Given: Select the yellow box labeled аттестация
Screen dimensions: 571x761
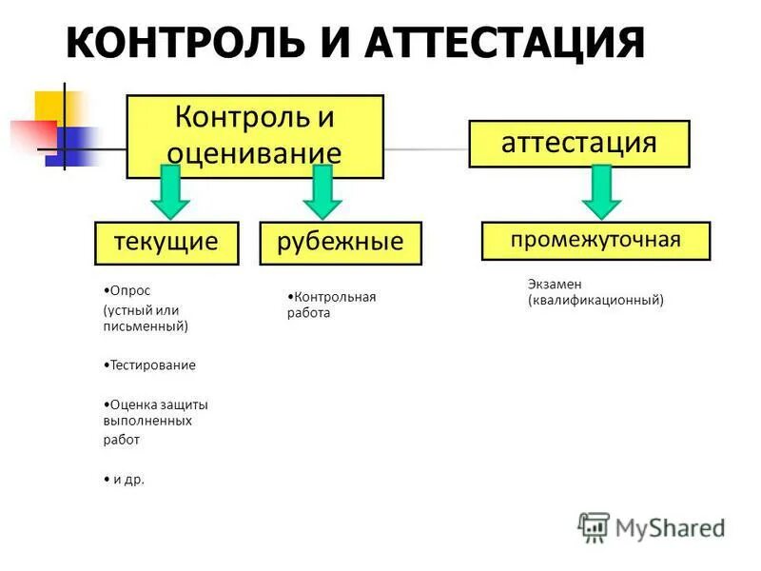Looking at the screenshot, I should pos(578,144).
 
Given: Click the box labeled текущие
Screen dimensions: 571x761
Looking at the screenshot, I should pos(166,242).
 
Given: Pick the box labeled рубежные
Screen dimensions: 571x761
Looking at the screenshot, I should pos(341,242).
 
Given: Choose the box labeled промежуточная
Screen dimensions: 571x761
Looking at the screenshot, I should pos(595,240).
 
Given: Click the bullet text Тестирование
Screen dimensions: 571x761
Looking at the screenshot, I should pos(151,364).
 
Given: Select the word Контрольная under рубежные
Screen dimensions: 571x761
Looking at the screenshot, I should pos(334,297).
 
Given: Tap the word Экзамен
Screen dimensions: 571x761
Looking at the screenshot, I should pos(554,284).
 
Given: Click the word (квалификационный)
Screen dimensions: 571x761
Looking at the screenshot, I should pos(595,300).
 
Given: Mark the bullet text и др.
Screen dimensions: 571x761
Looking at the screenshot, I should pos(128,480).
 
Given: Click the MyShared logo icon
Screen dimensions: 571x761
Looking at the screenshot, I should pos(594,526).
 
